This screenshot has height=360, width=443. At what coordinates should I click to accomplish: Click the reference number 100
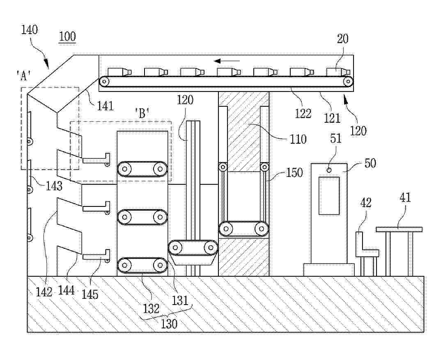(67, 36)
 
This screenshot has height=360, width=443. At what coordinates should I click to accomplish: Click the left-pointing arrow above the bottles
(228, 61)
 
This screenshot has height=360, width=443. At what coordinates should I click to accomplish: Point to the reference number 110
(298, 139)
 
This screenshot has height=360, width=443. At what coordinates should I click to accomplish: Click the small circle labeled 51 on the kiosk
(329, 170)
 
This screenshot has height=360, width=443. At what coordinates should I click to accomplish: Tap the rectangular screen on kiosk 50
(329, 195)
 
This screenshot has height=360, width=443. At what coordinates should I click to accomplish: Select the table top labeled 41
(399, 229)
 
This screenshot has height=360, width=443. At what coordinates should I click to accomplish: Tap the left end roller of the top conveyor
(105, 81)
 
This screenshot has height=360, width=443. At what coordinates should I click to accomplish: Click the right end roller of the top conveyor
(348, 81)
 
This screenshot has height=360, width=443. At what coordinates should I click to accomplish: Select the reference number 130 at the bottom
(169, 324)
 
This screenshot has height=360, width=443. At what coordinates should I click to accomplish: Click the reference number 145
(90, 294)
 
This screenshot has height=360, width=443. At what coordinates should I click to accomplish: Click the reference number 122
(303, 113)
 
